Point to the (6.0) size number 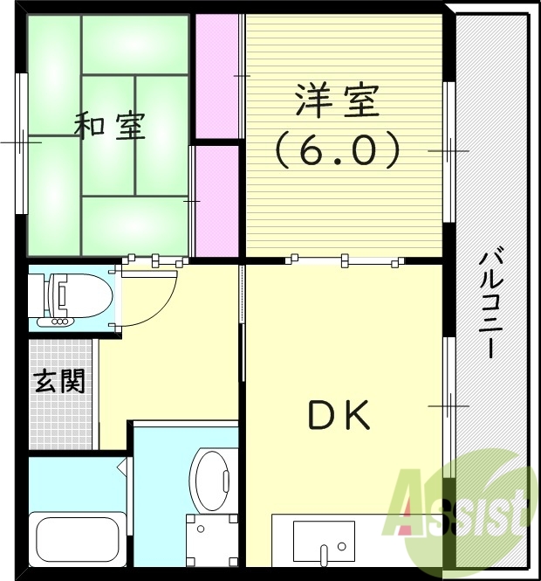point(338,151)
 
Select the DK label point(339,416)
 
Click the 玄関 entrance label point(59,381)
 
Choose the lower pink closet point(216,201)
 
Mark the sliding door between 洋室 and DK point(345,259)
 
